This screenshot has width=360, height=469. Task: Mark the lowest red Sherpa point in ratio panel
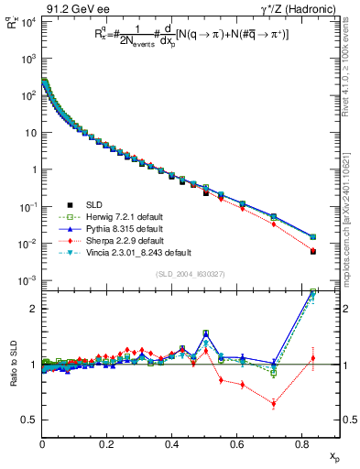[x=274, y=404]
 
